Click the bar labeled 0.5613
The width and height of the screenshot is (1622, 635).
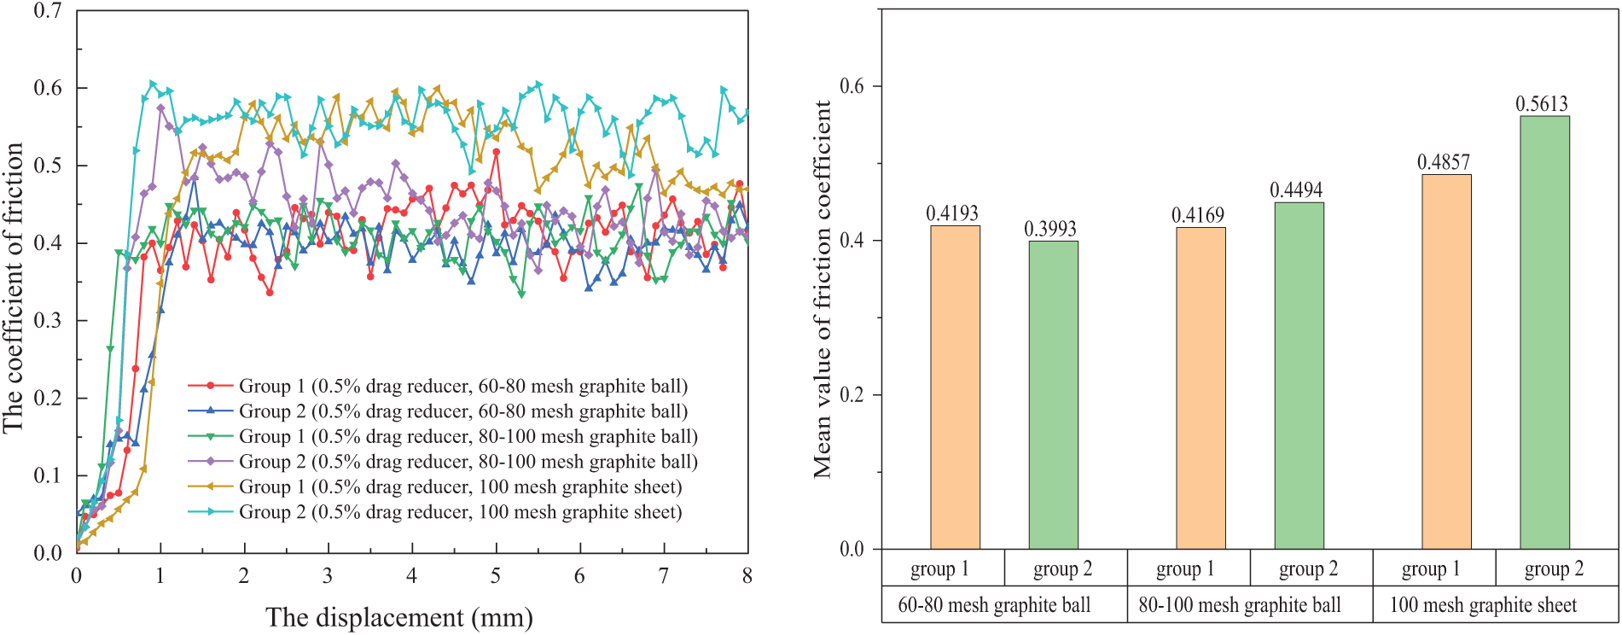pyautogui.click(x=1544, y=333)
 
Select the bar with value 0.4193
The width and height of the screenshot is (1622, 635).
pyautogui.click(x=955, y=387)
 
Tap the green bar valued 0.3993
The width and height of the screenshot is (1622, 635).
pyautogui.click(x=1053, y=395)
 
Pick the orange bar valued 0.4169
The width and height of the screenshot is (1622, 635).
pyautogui.click(x=1201, y=388)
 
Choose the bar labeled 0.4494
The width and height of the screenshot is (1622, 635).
pyautogui.click(x=1299, y=376)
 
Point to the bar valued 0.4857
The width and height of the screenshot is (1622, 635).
pyautogui.click(x=1446, y=362)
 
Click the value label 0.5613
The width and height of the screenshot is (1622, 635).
pyautogui.click(x=1542, y=104)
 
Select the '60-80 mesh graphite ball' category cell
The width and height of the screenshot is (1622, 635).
pyautogui.click(x=994, y=605)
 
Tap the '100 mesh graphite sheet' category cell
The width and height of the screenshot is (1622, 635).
pyautogui.click(x=1484, y=605)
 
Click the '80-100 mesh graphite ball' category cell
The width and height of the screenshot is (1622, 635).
pyautogui.click(x=1240, y=605)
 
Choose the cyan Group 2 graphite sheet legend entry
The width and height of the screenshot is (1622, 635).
pyautogui.click(x=460, y=512)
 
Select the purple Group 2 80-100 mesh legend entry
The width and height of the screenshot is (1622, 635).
pyautogui.click(x=468, y=462)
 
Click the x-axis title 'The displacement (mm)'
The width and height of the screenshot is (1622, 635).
pyautogui.click(x=399, y=617)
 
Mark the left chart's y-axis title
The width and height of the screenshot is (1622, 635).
pyautogui.click(x=14, y=287)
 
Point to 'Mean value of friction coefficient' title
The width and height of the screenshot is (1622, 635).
pyautogui.click(x=823, y=288)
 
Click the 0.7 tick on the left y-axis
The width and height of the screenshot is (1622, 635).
pyautogui.click(x=48, y=11)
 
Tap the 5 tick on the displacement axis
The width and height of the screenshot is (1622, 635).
pyautogui.click(x=496, y=576)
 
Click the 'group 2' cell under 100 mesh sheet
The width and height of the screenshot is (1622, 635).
pyautogui.click(x=1554, y=569)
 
